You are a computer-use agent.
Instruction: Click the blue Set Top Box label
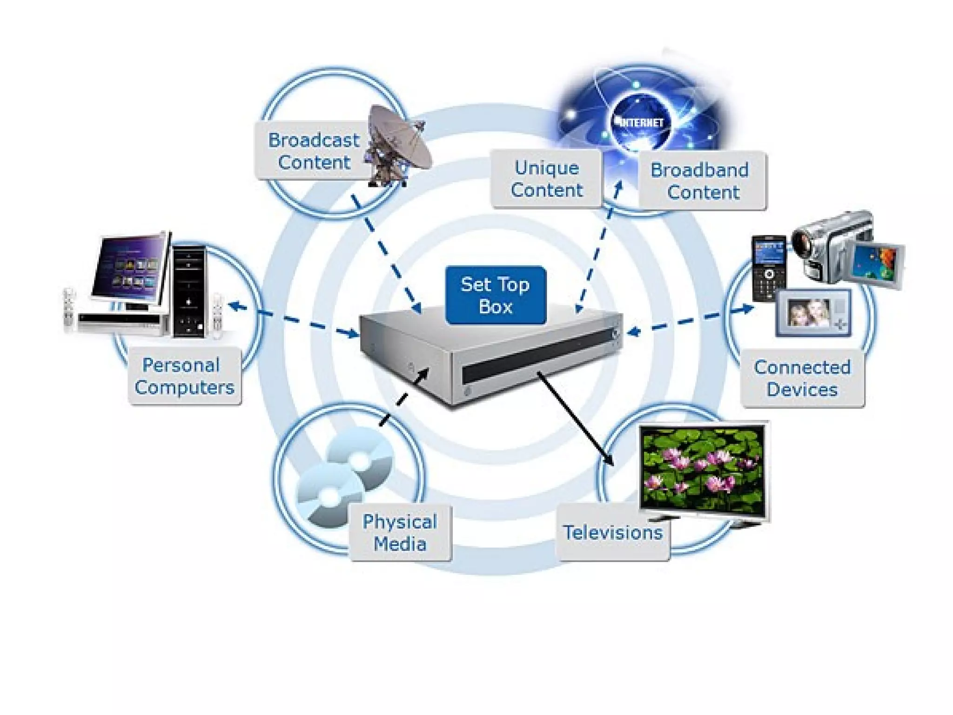click(x=496, y=295)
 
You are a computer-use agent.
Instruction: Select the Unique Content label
click(x=546, y=179)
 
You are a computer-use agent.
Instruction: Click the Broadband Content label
click(x=702, y=181)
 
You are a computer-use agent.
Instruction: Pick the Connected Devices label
click(x=802, y=378)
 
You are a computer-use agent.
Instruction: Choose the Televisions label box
click(x=612, y=533)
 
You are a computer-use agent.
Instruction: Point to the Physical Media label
click(x=400, y=533)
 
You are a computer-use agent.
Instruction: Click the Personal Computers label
click(x=184, y=376)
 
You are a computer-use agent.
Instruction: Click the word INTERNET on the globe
click(x=641, y=122)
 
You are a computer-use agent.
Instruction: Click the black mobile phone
click(x=769, y=269)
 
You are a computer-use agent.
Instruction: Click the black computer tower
click(x=189, y=290)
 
